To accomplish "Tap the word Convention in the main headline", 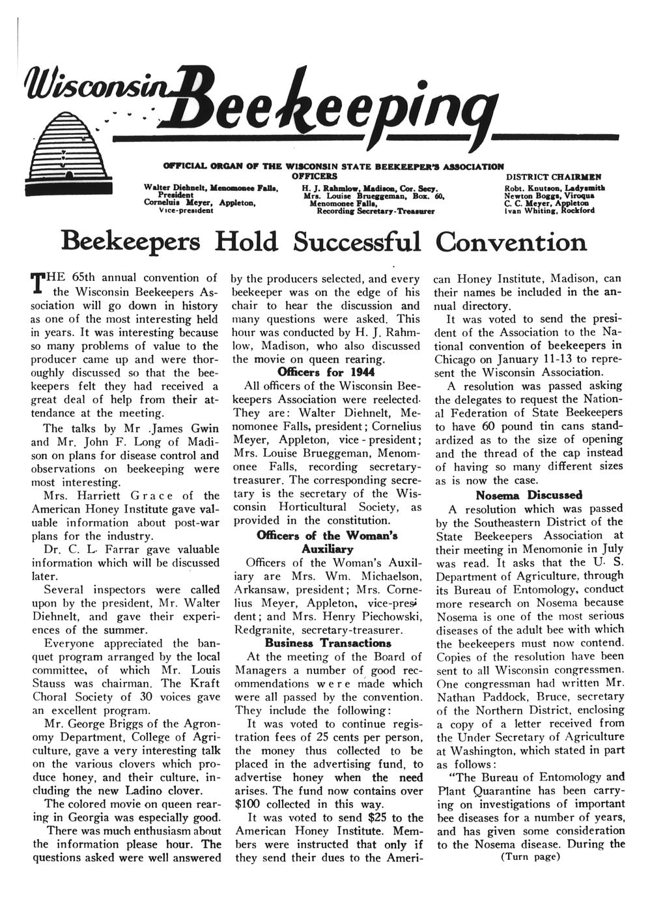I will [x=511, y=242].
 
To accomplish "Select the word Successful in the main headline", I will [x=357, y=242].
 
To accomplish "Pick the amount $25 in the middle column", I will [x=380, y=818].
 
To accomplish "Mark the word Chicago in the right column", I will [x=458, y=359].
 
